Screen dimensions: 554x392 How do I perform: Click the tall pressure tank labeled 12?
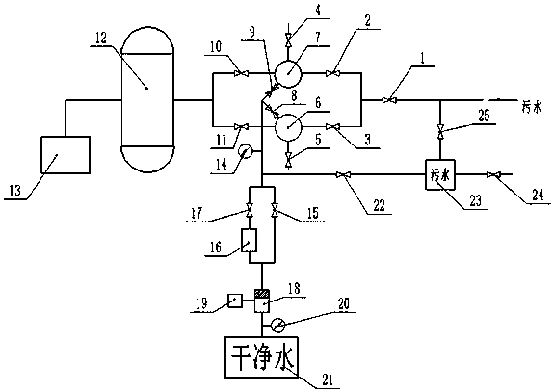pos(147,99)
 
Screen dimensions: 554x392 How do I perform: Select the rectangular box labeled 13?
pos(66,155)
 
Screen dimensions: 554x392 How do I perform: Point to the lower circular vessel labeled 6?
pos(288,127)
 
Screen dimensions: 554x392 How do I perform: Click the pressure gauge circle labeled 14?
pos(245,152)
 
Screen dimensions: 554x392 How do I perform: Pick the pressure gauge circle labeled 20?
pos(277,326)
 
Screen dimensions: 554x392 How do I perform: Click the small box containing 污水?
pos(440,175)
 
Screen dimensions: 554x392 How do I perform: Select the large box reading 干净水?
pos(261,357)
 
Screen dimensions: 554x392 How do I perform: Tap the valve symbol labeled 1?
pos(388,100)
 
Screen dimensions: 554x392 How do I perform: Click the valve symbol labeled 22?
pos(343,174)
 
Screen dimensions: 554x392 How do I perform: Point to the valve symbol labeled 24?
pos(493,174)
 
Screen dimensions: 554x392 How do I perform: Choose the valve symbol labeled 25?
pos(440,132)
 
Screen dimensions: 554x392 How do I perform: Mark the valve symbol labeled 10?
pos(242,73)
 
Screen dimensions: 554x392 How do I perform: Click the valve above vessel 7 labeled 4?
pos(288,40)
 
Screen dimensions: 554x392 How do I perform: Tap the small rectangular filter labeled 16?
pos(249,240)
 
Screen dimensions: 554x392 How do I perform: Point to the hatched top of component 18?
pos(262,294)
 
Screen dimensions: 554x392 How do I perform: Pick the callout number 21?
pos(328,379)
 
